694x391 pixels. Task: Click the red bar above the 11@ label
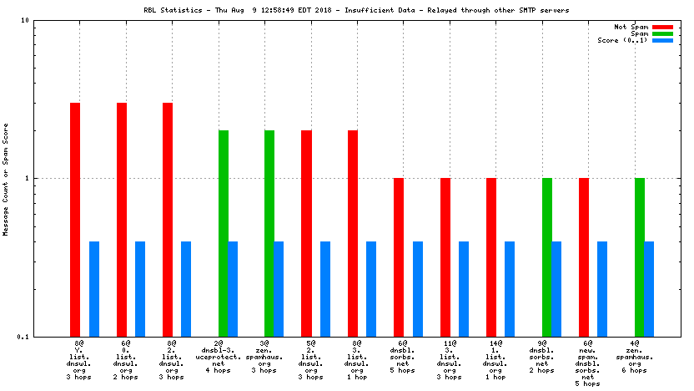[x=445, y=257]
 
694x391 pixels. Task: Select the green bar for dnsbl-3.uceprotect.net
[x=224, y=233]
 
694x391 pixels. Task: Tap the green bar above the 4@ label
[x=640, y=257]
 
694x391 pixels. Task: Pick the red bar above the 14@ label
[x=491, y=257]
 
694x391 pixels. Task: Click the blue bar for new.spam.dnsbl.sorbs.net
[x=602, y=289]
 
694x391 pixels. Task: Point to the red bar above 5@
[x=306, y=233]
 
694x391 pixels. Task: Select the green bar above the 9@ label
[x=547, y=257]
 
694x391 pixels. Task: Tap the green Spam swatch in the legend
[x=663, y=34]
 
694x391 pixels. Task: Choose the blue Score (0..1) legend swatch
[x=663, y=41]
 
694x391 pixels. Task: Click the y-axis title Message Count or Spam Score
[x=6, y=178]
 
